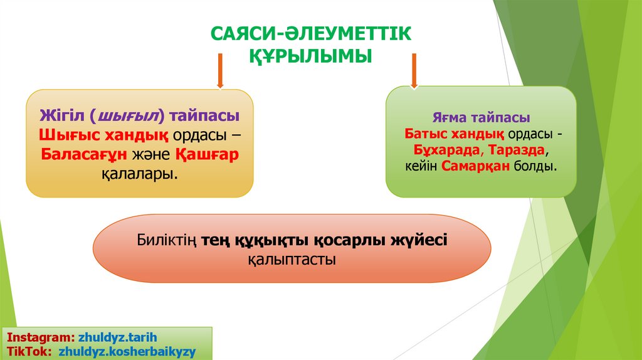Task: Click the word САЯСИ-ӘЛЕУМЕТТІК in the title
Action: pyautogui.click(x=310, y=34)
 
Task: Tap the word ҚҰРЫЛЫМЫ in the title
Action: pyautogui.click(x=310, y=56)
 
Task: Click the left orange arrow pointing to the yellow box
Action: pyautogui.click(x=220, y=70)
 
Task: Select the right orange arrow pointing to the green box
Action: pyautogui.click(x=414, y=70)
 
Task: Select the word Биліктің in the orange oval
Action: pyautogui.click(x=167, y=240)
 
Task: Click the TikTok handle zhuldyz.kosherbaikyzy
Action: pyautogui.click(x=127, y=352)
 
